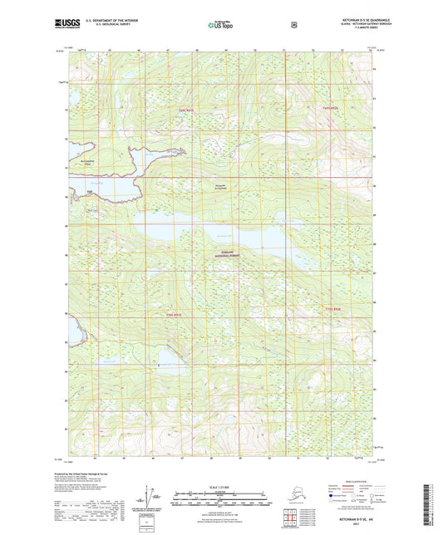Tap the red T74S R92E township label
pos(331,110)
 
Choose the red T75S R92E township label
pos(332,309)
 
